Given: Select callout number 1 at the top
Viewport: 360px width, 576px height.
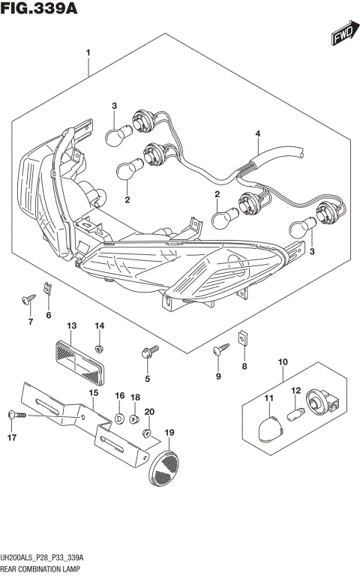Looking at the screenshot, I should tap(88, 52).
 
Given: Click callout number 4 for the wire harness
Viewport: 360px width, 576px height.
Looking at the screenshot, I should tap(257, 135).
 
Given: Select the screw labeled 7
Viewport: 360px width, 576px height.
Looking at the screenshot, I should tap(29, 298).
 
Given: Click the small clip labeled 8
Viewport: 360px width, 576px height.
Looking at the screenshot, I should tap(242, 338).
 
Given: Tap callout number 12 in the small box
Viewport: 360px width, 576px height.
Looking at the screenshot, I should tap(296, 390).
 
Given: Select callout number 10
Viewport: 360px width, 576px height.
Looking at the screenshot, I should tap(283, 363).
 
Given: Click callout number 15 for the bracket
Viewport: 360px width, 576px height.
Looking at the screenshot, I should tap(93, 393).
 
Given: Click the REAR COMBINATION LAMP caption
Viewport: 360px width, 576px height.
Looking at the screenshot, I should tap(42, 569).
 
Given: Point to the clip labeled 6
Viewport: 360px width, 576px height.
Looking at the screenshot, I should tap(48, 288).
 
